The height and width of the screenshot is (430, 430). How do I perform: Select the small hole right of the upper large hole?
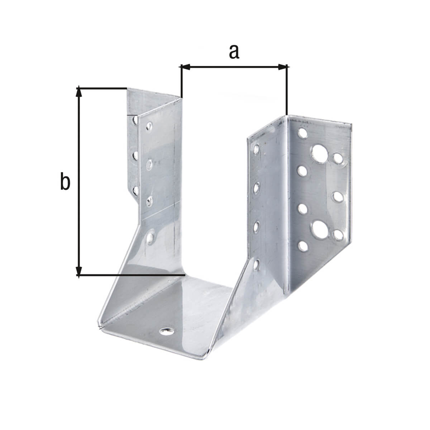tap(338, 158)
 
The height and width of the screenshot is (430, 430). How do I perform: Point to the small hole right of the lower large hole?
tap(337, 235)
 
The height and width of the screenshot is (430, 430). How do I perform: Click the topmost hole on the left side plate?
tap(149, 126)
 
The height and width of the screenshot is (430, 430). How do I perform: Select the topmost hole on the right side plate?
tap(257, 148)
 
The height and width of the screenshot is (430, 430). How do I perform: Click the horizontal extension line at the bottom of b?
tap(143, 275)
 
